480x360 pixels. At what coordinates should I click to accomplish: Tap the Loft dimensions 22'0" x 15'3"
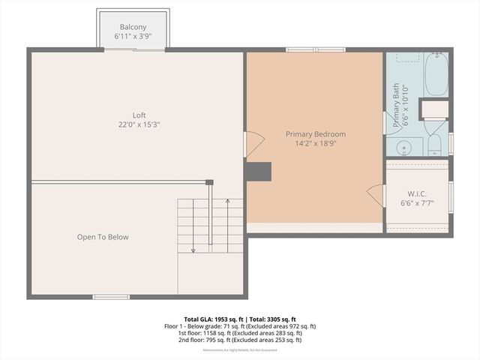pyautogui.click(x=139, y=124)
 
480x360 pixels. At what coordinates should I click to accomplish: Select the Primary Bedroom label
pyautogui.click(x=315, y=134)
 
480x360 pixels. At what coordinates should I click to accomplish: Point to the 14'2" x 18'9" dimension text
pyautogui.click(x=315, y=143)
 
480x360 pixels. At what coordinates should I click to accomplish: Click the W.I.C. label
pyautogui.click(x=416, y=193)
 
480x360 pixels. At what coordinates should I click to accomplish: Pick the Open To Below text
pyautogui.click(x=103, y=237)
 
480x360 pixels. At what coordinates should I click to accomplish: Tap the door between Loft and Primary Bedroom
pyautogui.click(x=253, y=144)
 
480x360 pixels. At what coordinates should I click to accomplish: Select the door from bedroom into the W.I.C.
pyautogui.click(x=376, y=196)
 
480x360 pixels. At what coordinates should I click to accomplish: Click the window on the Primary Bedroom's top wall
pyautogui.click(x=315, y=50)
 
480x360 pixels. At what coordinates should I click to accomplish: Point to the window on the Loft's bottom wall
pyautogui.click(x=110, y=297)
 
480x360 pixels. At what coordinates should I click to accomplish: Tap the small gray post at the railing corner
pyautogui.click(x=209, y=181)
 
